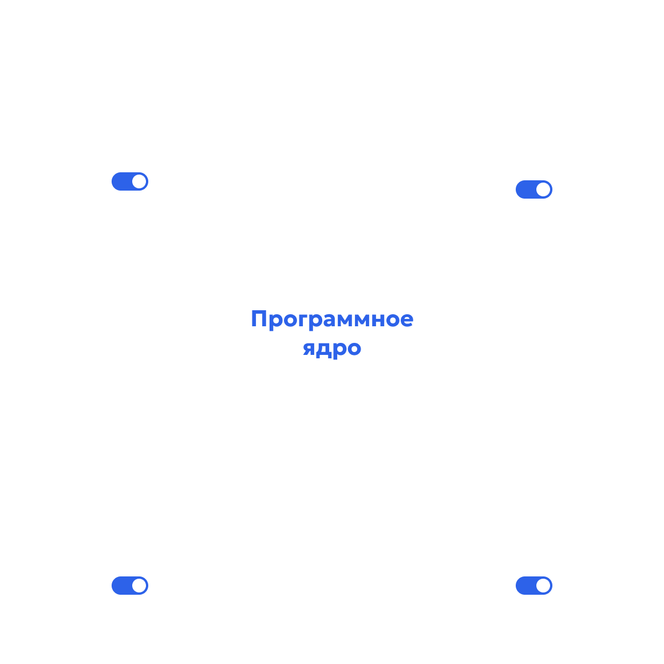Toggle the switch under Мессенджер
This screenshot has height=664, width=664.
click(130, 181)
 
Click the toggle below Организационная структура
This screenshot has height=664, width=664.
click(533, 189)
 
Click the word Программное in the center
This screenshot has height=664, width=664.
click(332, 319)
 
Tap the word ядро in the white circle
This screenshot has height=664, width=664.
click(332, 347)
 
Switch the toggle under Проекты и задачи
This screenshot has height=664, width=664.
click(130, 586)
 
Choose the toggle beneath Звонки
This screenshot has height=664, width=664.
click(533, 586)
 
